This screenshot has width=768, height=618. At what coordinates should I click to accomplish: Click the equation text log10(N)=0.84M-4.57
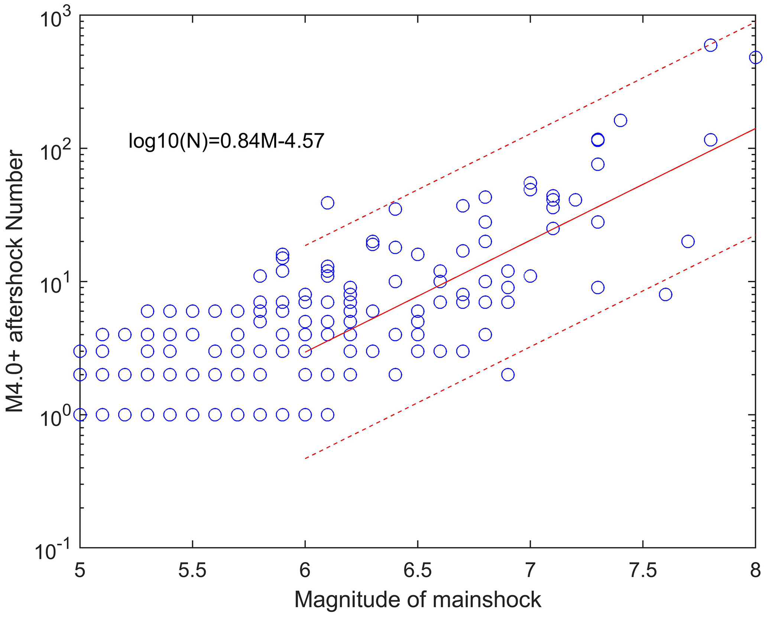(x=226, y=141)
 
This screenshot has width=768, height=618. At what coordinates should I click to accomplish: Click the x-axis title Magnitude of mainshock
(x=417, y=599)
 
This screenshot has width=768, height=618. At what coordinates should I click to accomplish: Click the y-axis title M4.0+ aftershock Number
(x=15, y=281)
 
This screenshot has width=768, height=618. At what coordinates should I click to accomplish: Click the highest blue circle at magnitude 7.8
(x=710, y=45)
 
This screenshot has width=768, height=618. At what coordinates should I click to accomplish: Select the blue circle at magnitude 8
(x=755, y=58)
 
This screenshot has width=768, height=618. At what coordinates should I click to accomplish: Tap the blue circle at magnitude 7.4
(x=620, y=120)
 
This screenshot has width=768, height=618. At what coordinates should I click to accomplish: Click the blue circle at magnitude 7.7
(x=688, y=241)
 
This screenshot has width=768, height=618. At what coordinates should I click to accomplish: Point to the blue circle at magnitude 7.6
(x=665, y=295)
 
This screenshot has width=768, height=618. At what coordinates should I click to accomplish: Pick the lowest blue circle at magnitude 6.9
(x=508, y=375)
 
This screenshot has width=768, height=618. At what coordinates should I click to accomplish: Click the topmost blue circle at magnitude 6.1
(x=327, y=203)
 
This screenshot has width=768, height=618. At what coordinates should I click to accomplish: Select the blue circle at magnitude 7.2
(x=575, y=200)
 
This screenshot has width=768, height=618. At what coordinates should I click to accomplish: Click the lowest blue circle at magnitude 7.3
(x=597, y=287)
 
